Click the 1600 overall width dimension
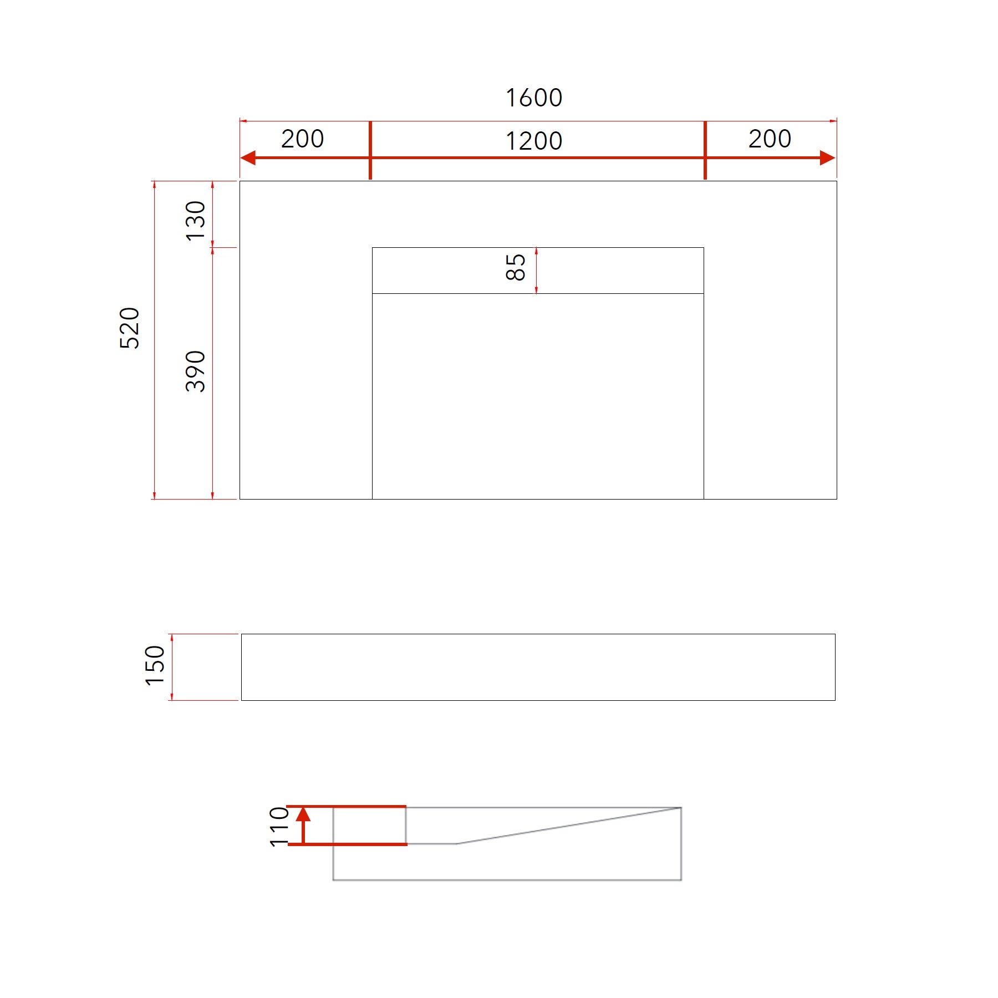[x=534, y=98]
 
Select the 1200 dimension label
[x=534, y=141]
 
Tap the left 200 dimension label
[x=302, y=139]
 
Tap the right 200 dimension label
[x=770, y=139]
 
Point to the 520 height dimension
[x=130, y=328]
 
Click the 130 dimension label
[x=196, y=221]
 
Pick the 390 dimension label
[x=196, y=371]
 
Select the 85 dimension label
[x=516, y=268]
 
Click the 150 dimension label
[x=155, y=666]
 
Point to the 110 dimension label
[x=279, y=827]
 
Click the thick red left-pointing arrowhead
[x=248, y=157]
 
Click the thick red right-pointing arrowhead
[x=827, y=157]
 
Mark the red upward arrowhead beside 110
[x=303, y=814]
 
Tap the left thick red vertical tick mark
[x=370, y=150]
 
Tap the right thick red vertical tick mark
[x=705, y=150]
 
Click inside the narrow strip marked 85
[x=610, y=271]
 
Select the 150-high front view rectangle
[x=538, y=667]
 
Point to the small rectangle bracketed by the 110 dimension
[x=369, y=826]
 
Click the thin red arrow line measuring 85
[x=536, y=271]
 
